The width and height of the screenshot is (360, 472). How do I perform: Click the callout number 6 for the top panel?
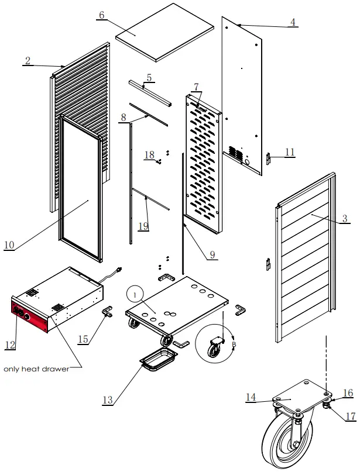[102, 15]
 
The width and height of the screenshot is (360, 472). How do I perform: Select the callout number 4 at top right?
[293, 22]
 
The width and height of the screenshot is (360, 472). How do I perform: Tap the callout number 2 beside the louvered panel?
[28, 60]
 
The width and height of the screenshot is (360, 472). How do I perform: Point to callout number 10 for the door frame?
[9, 244]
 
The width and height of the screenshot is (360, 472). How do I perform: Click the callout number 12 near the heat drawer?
[9, 345]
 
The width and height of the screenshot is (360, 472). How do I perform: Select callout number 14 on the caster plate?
[251, 397]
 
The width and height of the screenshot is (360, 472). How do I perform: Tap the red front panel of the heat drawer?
[30, 314]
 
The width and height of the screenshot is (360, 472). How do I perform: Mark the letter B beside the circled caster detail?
[234, 345]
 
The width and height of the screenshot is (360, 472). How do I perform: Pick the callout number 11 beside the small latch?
[290, 152]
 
